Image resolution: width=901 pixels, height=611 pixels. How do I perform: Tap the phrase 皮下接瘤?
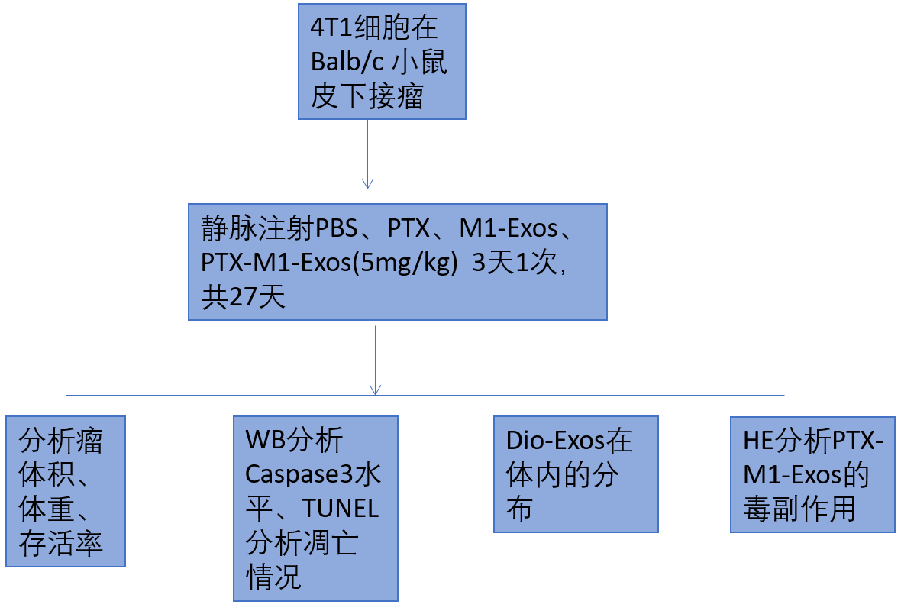(367, 97)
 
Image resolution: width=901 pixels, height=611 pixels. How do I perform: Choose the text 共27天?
(243, 296)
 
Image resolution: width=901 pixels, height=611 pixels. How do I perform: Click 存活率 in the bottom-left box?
(61, 544)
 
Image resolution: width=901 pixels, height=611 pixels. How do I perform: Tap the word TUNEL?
(341, 509)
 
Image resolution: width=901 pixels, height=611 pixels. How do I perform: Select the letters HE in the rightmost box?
(757, 441)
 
